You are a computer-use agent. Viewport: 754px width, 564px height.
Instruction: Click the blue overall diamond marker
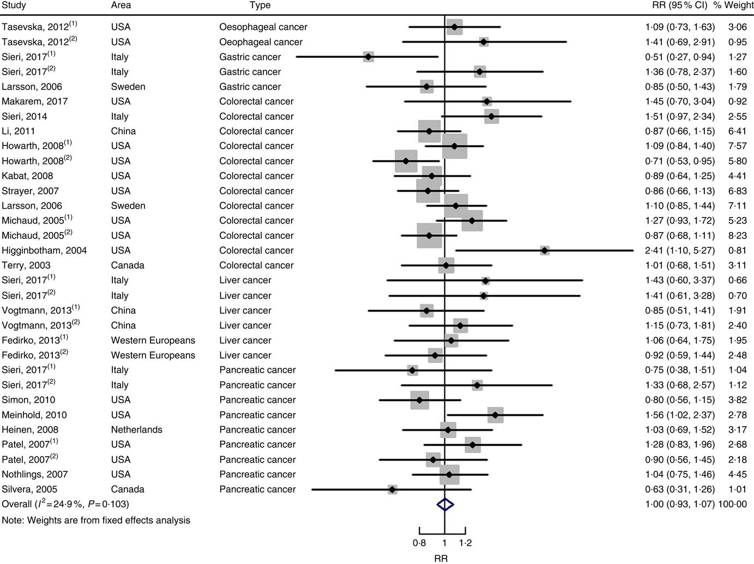tap(445, 505)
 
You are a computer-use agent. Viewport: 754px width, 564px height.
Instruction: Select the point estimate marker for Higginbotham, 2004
tap(544, 251)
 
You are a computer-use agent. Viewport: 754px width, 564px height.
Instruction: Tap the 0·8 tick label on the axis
tap(419, 543)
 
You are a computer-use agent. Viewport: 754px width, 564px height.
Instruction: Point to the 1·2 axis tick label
tap(465, 543)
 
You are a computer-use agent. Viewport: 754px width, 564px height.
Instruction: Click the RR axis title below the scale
tap(441, 558)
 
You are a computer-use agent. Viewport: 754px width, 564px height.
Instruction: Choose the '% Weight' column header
tap(734, 5)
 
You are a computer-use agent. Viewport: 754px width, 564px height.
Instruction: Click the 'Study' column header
tap(14, 5)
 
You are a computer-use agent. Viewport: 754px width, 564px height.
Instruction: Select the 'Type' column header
tap(260, 5)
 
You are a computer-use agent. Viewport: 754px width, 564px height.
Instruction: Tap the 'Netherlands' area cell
tap(136, 430)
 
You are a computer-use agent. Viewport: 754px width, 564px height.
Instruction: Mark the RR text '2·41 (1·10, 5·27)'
tap(679, 251)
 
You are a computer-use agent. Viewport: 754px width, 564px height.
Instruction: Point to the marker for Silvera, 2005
tap(392, 489)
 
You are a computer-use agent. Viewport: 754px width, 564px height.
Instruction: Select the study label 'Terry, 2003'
tap(26, 265)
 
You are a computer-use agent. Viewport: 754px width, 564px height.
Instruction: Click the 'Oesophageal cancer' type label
tap(263, 27)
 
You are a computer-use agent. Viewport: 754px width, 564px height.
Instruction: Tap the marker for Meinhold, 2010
tap(495, 415)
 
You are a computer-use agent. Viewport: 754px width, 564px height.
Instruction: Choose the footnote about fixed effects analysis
tap(96, 520)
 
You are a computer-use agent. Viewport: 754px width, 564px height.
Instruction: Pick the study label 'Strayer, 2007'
tap(30, 191)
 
